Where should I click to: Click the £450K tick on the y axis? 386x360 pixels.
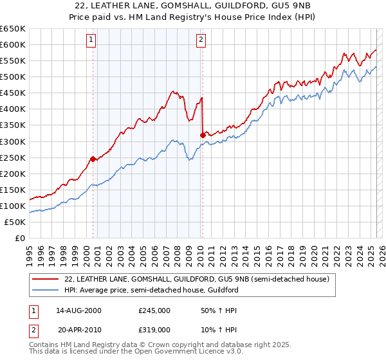13,93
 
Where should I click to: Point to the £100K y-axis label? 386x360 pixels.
13,206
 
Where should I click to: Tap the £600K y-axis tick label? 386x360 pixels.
13,44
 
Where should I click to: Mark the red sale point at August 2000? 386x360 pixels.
93,158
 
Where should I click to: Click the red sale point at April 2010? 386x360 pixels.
203,134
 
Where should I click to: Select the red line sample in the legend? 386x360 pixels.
45,279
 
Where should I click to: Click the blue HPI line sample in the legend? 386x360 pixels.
45,290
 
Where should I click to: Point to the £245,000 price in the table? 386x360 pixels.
154,310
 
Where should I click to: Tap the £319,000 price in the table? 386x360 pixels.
154,330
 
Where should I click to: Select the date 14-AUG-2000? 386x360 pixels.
79,310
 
